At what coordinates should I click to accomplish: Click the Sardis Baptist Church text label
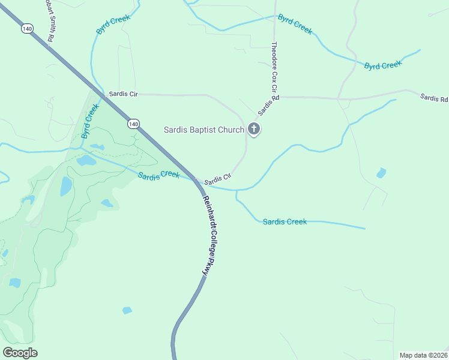pos(204,130)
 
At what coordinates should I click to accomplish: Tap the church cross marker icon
pos(254,129)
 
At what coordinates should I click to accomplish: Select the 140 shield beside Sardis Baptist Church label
pos(133,124)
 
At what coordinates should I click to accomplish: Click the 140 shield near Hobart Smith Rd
pos(26,29)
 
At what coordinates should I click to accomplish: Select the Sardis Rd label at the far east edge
pos(433,98)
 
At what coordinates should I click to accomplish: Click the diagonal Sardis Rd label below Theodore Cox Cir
pos(269,106)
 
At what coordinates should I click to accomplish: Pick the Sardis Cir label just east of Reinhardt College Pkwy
pos(217,179)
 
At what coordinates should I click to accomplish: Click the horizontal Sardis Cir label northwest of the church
pos(123,94)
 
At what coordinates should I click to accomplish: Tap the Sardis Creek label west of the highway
pos(158,175)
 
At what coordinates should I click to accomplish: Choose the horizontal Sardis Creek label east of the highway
pos(285,222)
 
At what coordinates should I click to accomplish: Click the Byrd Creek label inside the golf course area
pos(90,121)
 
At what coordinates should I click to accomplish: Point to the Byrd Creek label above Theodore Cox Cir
pos(295,25)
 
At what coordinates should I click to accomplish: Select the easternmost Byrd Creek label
pos(382,65)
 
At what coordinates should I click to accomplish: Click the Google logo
pos(20,353)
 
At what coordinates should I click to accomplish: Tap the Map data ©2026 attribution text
pos(423,355)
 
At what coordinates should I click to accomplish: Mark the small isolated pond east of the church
pos(381,173)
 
